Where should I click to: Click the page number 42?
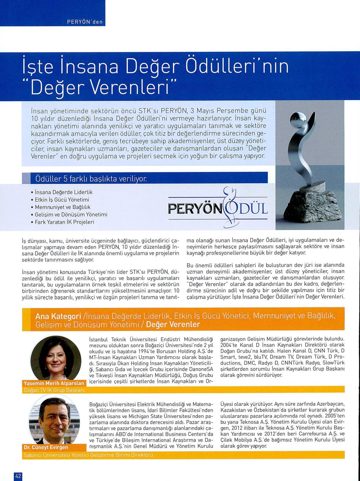18,476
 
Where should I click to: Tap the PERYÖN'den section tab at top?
85,22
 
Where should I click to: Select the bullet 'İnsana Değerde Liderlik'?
63,192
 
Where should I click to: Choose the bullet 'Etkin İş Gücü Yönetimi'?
62,200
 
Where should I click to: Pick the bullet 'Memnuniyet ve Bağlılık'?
63,207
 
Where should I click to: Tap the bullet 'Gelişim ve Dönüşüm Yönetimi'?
71,215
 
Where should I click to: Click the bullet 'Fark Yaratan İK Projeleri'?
64,222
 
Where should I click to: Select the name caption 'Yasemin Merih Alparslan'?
54,383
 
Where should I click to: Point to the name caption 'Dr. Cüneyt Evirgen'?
46,447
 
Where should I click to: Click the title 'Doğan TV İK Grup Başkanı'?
54,390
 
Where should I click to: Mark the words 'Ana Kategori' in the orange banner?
58,316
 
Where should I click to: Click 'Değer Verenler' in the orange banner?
173,325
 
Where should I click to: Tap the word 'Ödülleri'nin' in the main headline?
238,66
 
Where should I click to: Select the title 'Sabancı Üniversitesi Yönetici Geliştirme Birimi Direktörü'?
88,455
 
